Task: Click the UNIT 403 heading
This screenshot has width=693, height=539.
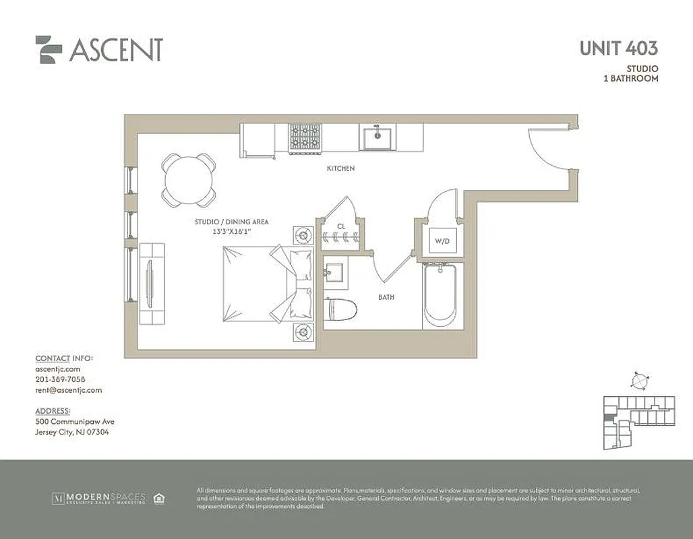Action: click(x=618, y=49)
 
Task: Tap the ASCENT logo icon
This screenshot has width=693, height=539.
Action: click(x=49, y=49)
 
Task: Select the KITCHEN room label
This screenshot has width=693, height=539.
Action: click(x=340, y=168)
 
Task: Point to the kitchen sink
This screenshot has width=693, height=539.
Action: click(x=377, y=138)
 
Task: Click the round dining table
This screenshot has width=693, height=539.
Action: click(x=189, y=179)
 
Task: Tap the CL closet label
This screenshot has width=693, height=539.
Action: click(x=341, y=226)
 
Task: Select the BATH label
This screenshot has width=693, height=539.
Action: click(x=386, y=297)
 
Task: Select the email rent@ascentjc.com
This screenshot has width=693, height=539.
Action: click(x=68, y=390)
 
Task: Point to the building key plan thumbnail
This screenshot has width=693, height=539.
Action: click(x=637, y=422)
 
